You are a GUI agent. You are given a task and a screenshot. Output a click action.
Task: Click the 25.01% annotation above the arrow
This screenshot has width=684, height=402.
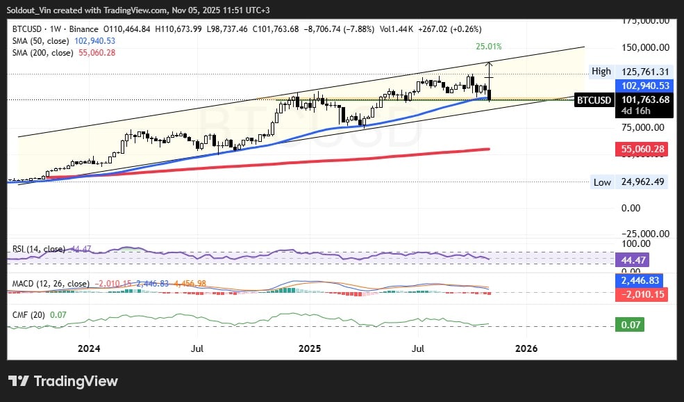point(488,47)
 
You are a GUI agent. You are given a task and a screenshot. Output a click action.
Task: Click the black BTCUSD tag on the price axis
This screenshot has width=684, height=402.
point(595,100)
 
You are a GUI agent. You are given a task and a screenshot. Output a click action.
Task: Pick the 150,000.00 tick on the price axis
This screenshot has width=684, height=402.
point(645,48)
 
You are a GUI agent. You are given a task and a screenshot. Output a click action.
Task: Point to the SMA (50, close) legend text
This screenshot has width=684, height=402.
point(40,41)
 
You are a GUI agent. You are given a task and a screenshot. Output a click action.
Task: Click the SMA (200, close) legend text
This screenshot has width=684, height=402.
point(42,53)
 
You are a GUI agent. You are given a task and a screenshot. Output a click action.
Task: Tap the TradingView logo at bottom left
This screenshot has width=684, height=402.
point(63,381)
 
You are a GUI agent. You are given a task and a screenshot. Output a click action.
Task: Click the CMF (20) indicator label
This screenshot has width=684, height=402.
point(29,315)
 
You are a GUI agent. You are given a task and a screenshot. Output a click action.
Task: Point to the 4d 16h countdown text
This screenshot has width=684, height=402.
point(632,111)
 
